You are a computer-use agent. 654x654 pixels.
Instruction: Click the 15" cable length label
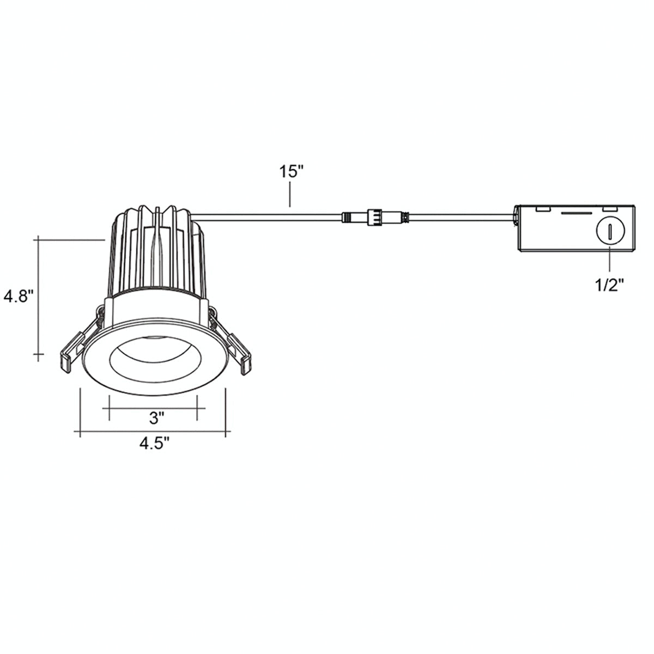coord(290,172)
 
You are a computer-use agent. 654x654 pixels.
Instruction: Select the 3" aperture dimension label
coord(156,418)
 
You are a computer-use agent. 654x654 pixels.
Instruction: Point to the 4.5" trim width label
coord(154,443)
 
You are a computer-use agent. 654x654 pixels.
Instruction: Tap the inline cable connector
coord(375,216)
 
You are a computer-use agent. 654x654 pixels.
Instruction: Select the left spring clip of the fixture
coord(81,341)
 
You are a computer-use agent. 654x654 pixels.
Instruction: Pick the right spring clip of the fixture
coord(231,341)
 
